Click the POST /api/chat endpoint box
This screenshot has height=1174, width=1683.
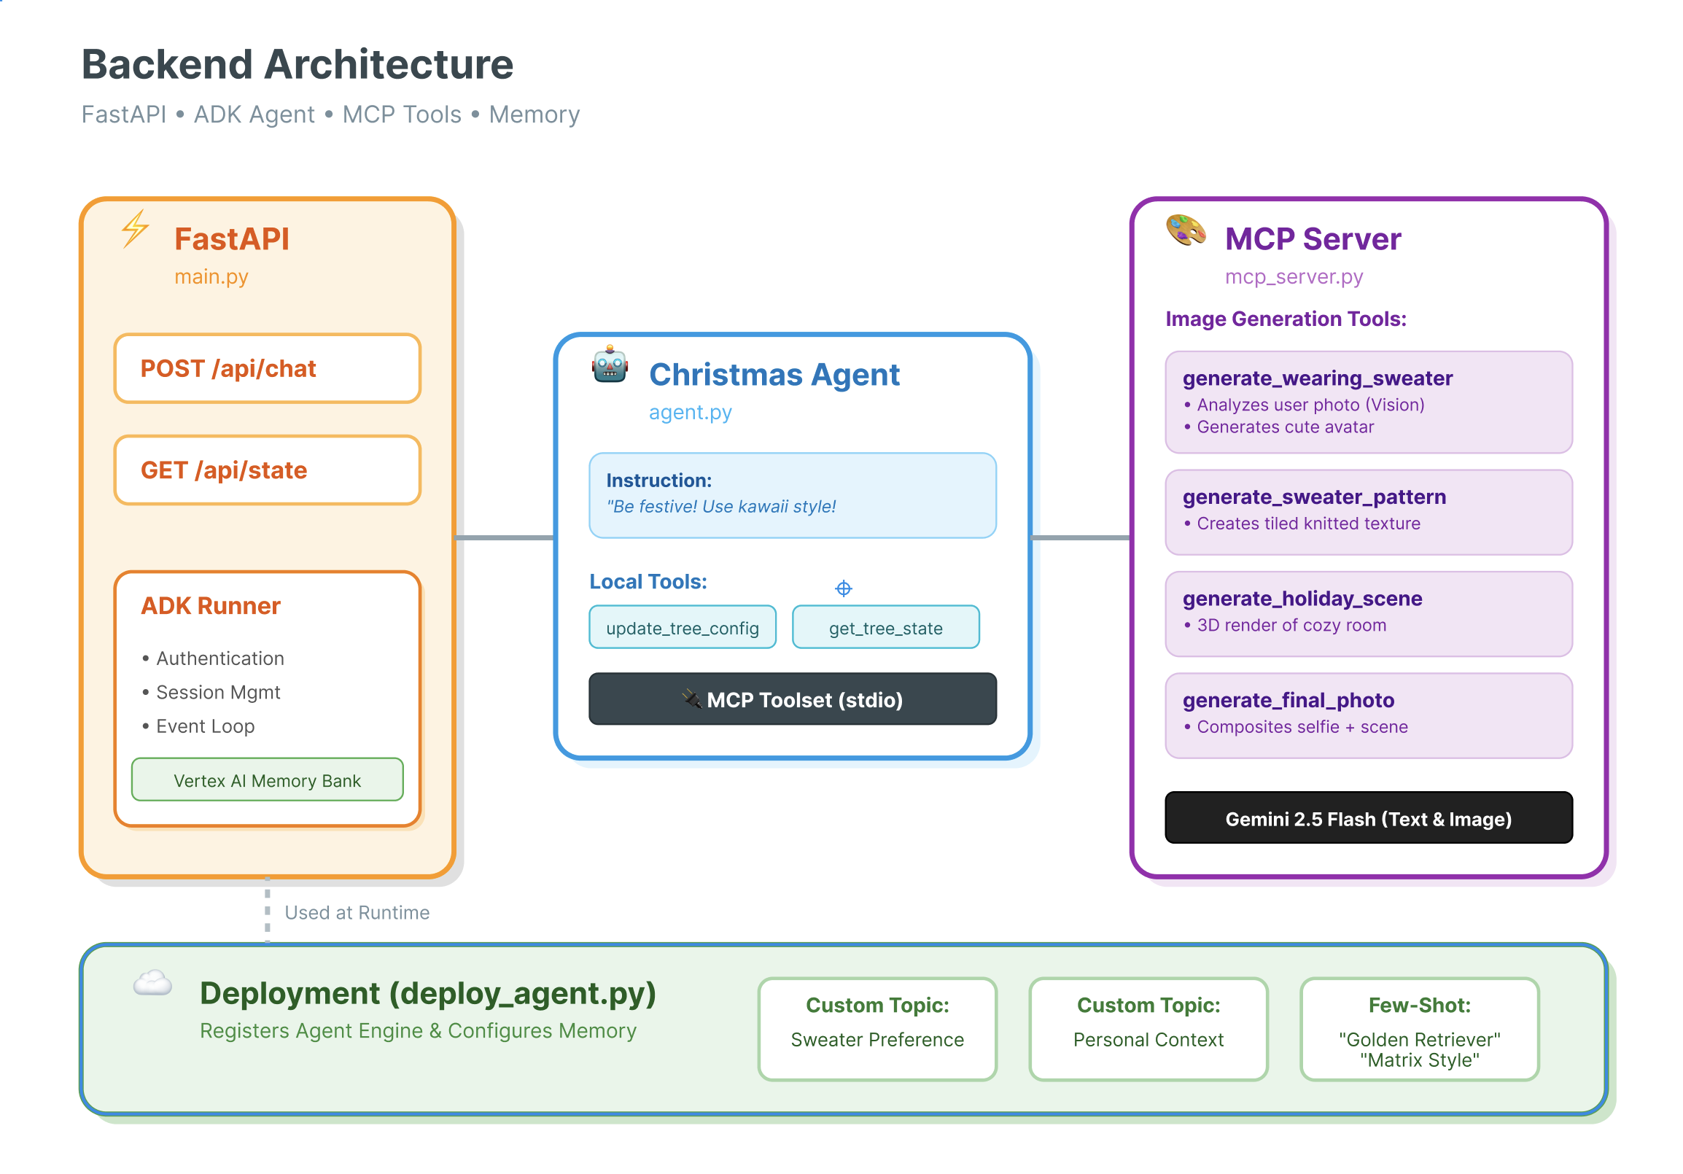tap(267, 369)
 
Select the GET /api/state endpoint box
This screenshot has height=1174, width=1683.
tap(267, 470)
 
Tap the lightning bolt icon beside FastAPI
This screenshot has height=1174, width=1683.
tap(135, 229)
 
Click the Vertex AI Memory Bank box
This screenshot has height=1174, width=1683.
tap(267, 780)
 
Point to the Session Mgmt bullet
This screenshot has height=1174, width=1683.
tap(218, 692)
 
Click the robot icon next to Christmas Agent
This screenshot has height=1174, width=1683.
tap(610, 365)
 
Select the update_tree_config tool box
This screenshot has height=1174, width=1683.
tap(682, 627)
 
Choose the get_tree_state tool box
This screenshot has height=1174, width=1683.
tap(885, 627)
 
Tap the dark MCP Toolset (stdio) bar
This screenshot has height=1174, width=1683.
tap(792, 699)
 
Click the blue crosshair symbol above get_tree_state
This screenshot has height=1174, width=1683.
tap(843, 588)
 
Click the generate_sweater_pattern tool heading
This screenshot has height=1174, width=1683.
tap(1313, 497)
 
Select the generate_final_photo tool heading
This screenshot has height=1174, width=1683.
tap(1288, 700)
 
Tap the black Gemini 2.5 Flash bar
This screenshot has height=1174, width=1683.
tap(1368, 818)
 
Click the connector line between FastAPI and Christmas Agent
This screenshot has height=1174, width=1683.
tap(505, 538)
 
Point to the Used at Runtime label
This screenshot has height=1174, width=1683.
tap(357, 912)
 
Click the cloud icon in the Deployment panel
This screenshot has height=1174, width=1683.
tap(152, 983)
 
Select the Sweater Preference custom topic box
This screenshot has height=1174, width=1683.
tap(877, 1028)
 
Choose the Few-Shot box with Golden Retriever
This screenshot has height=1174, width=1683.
tap(1418, 1028)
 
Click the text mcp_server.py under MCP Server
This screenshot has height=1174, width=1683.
tap(1293, 277)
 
